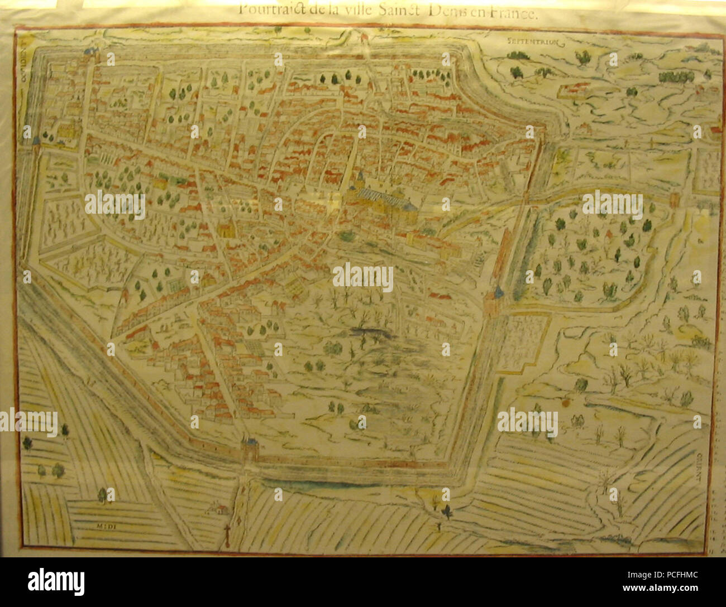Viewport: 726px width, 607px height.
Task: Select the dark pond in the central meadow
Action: coord(369,333)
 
